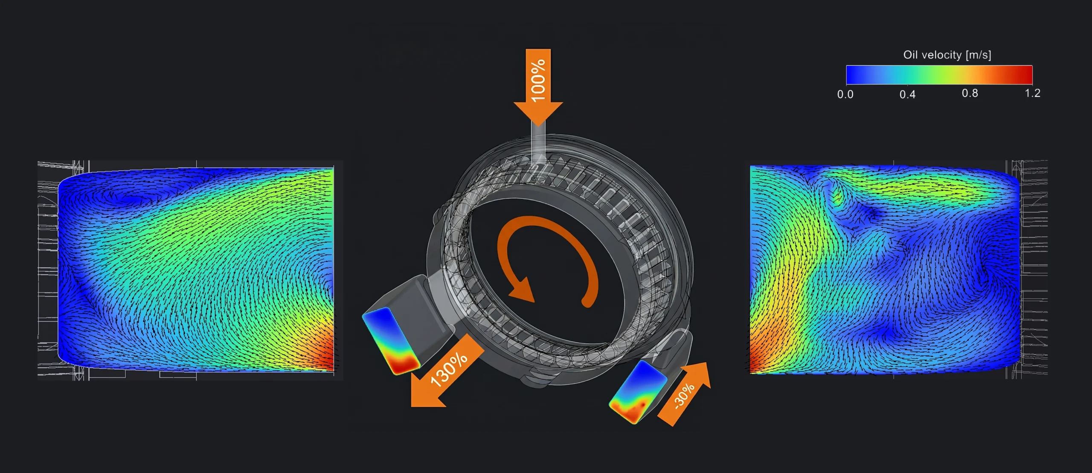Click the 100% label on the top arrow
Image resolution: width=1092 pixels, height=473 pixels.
click(x=538, y=80)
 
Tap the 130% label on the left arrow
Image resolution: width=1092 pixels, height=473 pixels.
click(x=449, y=369)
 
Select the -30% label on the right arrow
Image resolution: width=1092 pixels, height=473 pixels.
click(x=684, y=396)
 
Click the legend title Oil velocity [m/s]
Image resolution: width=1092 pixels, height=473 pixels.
click(x=947, y=55)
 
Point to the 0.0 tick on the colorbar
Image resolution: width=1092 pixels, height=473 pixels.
click(x=845, y=94)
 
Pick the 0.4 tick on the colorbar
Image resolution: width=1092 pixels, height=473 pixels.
click(x=907, y=94)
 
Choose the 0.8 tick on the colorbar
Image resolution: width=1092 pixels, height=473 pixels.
click(x=970, y=93)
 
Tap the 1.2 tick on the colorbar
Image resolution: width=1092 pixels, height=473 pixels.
click(x=1032, y=93)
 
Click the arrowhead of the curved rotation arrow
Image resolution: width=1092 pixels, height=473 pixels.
click(x=522, y=290)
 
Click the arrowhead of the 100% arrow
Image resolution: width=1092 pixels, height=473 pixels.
click(x=538, y=113)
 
